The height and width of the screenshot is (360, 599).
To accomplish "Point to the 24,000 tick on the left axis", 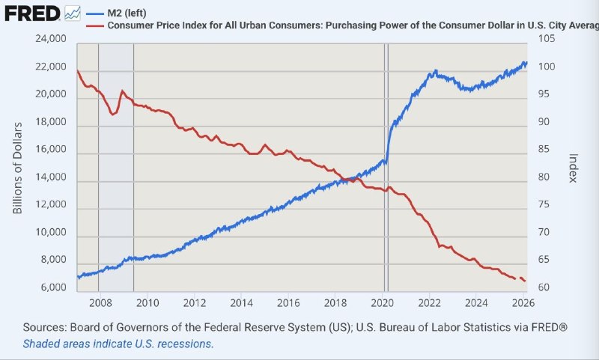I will click(50, 40).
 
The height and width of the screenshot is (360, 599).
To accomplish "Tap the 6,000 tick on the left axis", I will click(53, 288).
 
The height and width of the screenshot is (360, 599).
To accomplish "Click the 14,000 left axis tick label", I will click(50, 177).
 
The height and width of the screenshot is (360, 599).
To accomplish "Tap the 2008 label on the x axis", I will click(100, 303).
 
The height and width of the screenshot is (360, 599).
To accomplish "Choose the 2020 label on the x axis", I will click(382, 303).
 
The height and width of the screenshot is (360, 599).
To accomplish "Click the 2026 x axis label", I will click(522, 303).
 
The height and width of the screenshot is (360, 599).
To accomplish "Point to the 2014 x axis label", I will click(241, 303).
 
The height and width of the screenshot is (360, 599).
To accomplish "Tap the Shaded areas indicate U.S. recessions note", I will click(118, 344).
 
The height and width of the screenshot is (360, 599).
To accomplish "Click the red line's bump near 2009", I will click(122, 91).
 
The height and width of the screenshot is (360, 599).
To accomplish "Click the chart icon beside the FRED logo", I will click(73, 13).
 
